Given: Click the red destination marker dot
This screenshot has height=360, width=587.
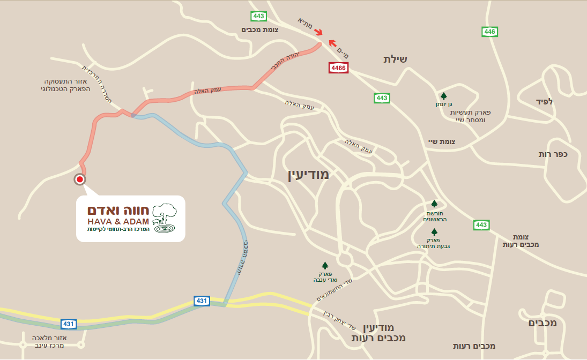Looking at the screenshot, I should [x=80, y=179].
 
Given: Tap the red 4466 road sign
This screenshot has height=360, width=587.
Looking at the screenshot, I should [x=338, y=68].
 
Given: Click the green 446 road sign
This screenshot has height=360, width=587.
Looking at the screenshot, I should [x=489, y=32].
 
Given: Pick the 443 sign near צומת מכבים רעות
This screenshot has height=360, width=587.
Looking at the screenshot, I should [x=481, y=225].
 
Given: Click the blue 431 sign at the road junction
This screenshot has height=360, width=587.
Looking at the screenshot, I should [x=202, y=301].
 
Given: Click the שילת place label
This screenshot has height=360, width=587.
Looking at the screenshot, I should [x=395, y=59].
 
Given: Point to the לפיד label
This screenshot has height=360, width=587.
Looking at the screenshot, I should [x=544, y=101].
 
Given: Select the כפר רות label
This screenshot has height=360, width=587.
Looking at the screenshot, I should [x=553, y=154].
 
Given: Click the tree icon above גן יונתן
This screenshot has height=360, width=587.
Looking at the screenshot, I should [x=444, y=96].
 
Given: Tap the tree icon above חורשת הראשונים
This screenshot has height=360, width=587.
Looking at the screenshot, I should [x=434, y=204].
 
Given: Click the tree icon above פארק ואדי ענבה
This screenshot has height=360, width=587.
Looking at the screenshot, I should [x=324, y=265].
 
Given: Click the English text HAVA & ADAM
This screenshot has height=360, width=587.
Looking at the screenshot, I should [x=118, y=221].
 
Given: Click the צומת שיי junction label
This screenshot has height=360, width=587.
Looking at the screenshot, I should [x=442, y=141].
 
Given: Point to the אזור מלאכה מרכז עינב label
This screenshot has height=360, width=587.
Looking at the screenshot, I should [x=48, y=342].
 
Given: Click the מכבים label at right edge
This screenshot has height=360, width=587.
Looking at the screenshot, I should [x=543, y=323].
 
